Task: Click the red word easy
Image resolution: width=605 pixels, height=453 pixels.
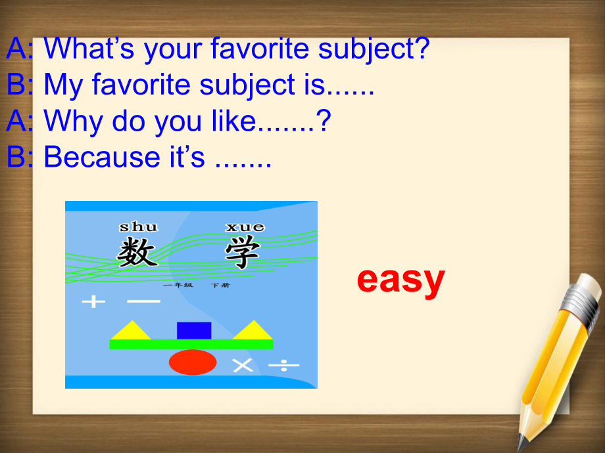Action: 401,281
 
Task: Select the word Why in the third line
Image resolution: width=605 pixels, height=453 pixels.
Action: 73,121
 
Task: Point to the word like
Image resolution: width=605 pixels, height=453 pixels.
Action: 234,121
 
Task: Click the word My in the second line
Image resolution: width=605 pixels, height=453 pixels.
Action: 63,85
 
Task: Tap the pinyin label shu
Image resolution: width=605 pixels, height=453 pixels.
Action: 139,226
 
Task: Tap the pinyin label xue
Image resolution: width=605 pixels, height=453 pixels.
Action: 245,227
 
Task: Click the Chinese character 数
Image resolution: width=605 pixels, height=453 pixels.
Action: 137,251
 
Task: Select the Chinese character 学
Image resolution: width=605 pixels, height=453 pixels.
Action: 243,252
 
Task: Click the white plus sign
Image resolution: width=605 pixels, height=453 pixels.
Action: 94,301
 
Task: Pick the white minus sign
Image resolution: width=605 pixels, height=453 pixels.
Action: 143,301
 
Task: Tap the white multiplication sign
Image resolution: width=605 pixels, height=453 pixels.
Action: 243,365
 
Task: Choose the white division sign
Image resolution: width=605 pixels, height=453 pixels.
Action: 283,364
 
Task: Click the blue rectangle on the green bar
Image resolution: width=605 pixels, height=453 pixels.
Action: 194,331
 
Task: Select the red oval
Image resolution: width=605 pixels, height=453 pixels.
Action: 193,362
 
